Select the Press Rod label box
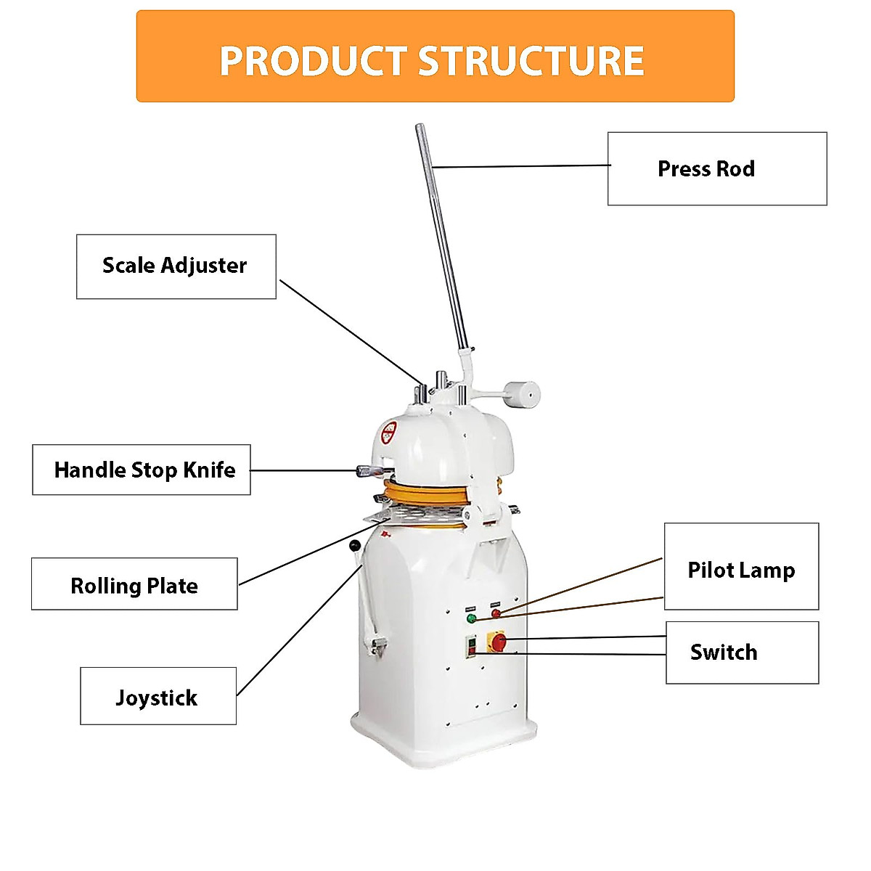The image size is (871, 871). click(716, 168)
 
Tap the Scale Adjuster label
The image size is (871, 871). click(176, 266)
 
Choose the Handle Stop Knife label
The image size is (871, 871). click(142, 470)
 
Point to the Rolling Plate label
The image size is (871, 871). click(134, 584)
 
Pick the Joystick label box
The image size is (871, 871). click(158, 697)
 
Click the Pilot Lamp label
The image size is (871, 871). click(741, 567)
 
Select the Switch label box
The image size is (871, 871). click(742, 652)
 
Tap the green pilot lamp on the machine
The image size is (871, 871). click(471, 618)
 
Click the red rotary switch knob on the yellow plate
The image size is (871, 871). click(499, 641)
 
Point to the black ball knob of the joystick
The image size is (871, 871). click(354, 545)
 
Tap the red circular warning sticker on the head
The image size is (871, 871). click(389, 433)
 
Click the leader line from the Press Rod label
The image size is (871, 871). click(523, 166)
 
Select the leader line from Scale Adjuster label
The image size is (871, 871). click(348, 332)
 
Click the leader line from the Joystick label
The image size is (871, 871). click(298, 631)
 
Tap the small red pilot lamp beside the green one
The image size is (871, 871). click(496, 613)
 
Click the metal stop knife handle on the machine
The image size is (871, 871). click(370, 471)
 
